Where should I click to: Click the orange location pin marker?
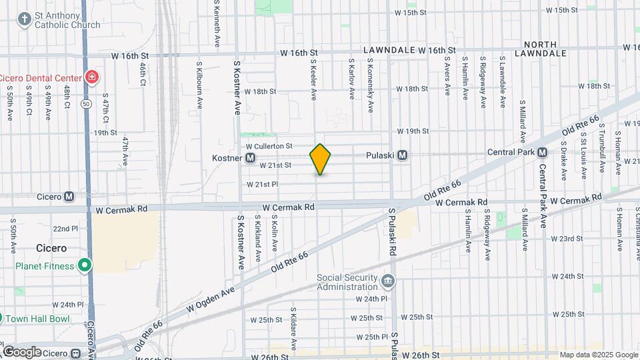click(x=321, y=159)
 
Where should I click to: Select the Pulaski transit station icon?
click(x=402, y=155)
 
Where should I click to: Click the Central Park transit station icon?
click(x=543, y=152)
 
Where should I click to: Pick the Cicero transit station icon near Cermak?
click(x=69, y=197)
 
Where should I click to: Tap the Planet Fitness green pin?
click(x=85, y=266)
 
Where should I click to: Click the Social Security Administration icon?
click(x=389, y=280)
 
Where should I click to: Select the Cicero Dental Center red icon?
click(x=91, y=77)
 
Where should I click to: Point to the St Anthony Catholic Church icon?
click(x=25, y=19)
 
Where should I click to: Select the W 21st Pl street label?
click(x=262, y=184)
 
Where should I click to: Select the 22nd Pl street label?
click(x=66, y=229)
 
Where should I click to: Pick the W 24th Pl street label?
click(x=371, y=299)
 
